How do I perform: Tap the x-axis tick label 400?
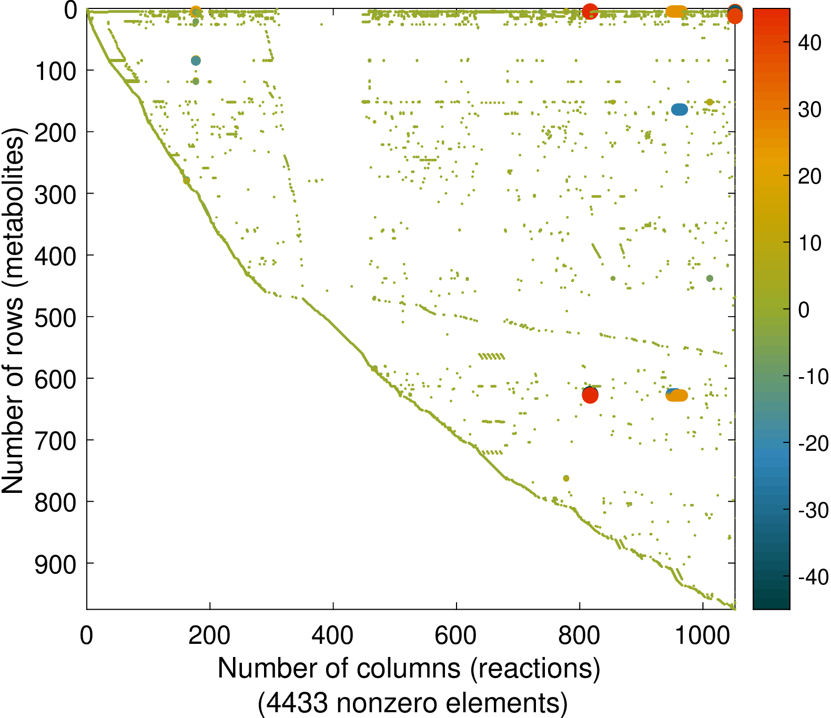click(332, 636)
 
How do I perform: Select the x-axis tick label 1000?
click(702, 636)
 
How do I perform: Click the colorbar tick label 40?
click(809, 43)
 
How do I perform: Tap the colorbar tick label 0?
click(804, 310)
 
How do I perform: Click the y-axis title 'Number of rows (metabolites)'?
click(13, 310)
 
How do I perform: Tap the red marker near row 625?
click(590, 395)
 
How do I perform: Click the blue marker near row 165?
click(679, 109)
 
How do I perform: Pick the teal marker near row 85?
click(196, 60)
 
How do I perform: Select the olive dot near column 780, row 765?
click(566, 478)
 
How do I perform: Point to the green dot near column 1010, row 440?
click(710, 278)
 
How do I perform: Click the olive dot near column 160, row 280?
click(186, 180)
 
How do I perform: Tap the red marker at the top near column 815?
click(590, 11)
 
